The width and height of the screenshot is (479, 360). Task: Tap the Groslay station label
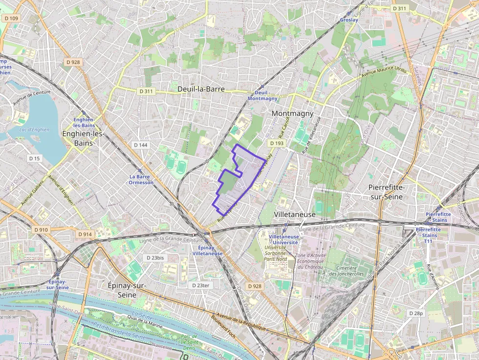coord(349,20)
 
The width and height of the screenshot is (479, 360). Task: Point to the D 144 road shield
coord(140,145)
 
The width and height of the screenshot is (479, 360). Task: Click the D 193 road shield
coord(276,143)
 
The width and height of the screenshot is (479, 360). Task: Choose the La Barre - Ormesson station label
coord(141,179)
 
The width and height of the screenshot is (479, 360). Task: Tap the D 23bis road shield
coord(156,257)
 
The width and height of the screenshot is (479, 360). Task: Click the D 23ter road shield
coord(200,285)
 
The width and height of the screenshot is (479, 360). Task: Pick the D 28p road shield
coord(416,313)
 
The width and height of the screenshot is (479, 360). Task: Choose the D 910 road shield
coord(42,230)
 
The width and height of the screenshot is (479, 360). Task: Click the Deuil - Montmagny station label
coord(262,95)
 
